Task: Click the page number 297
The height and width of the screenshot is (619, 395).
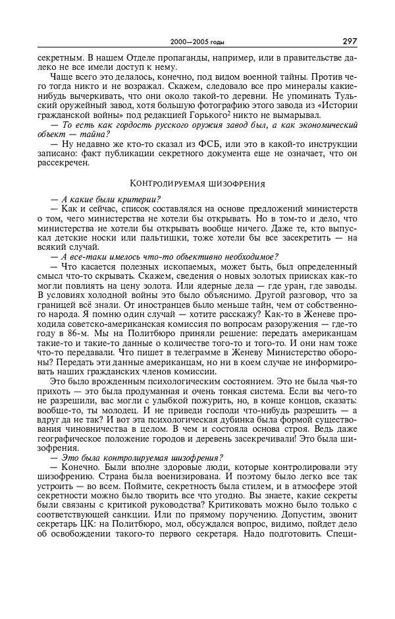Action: [349, 41]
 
